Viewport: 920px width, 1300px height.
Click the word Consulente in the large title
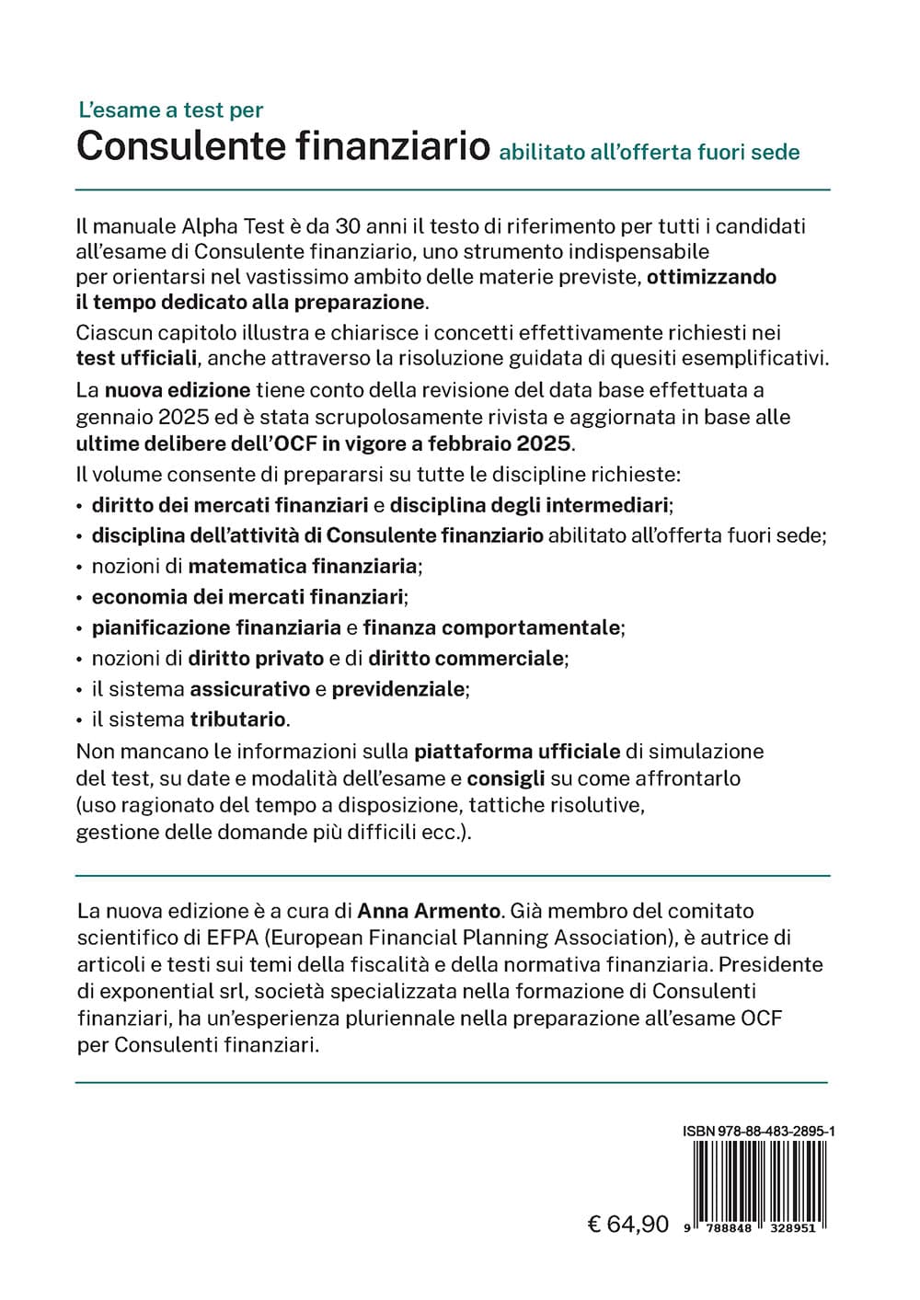pyautogui.click(x=190, y=146)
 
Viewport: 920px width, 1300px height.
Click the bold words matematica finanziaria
pyautogui.click(x=303, y=566)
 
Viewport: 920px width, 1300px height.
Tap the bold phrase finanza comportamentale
pyautogui.click(x=492, y=627)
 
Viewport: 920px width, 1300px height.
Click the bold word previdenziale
pyautogui.click(x=398, y=688)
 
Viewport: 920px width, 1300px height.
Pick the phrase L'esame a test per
pyautogui.click(x=171, y=110)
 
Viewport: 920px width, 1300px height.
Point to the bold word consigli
pyautogui.click(x=506, y=778)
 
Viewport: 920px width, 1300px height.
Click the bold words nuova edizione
pyautogui.click(x=178, y=390)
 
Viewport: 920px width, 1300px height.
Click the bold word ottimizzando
pyautogui.click(x=712, y=277)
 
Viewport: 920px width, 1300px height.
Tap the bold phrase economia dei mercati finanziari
pyautogui.click(x=247, y=597)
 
